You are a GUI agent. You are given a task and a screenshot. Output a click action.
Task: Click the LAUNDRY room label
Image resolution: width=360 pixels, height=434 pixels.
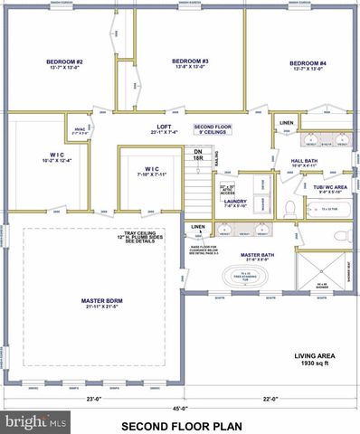point(234,203)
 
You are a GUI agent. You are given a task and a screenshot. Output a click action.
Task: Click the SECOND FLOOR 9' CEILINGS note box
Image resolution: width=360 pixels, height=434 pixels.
point(213,129)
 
